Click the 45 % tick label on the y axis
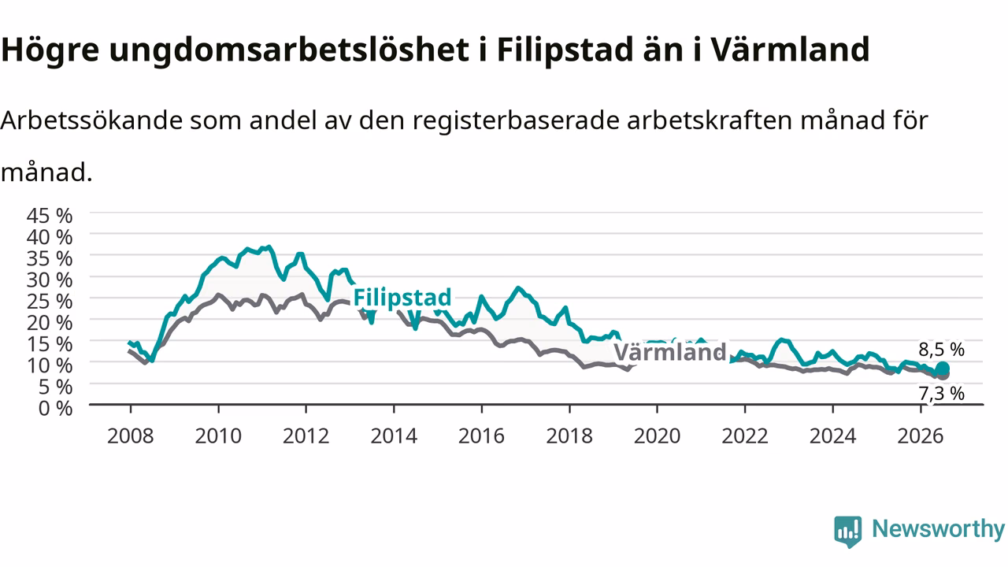click(50, 216)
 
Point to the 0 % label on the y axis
click(55, 409)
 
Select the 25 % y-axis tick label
click(50, 302)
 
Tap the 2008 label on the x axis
click(131, 436)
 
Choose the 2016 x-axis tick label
click(481, 436)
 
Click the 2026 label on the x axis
click(921, 436)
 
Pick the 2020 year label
click(657, 436)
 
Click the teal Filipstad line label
click(402, 298)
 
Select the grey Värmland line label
click(670, 351)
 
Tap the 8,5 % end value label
click(941, 350)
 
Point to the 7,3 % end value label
click(941, 394)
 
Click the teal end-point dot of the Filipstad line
click(943, 369)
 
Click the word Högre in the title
click(50, 50)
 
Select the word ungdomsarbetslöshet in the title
click(289, 50)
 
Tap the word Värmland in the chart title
click(790, 49)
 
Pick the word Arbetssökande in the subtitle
click(91, 120)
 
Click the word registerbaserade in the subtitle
click(516, 121)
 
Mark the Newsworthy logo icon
click(848, 532)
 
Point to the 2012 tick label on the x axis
click(306, 436)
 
